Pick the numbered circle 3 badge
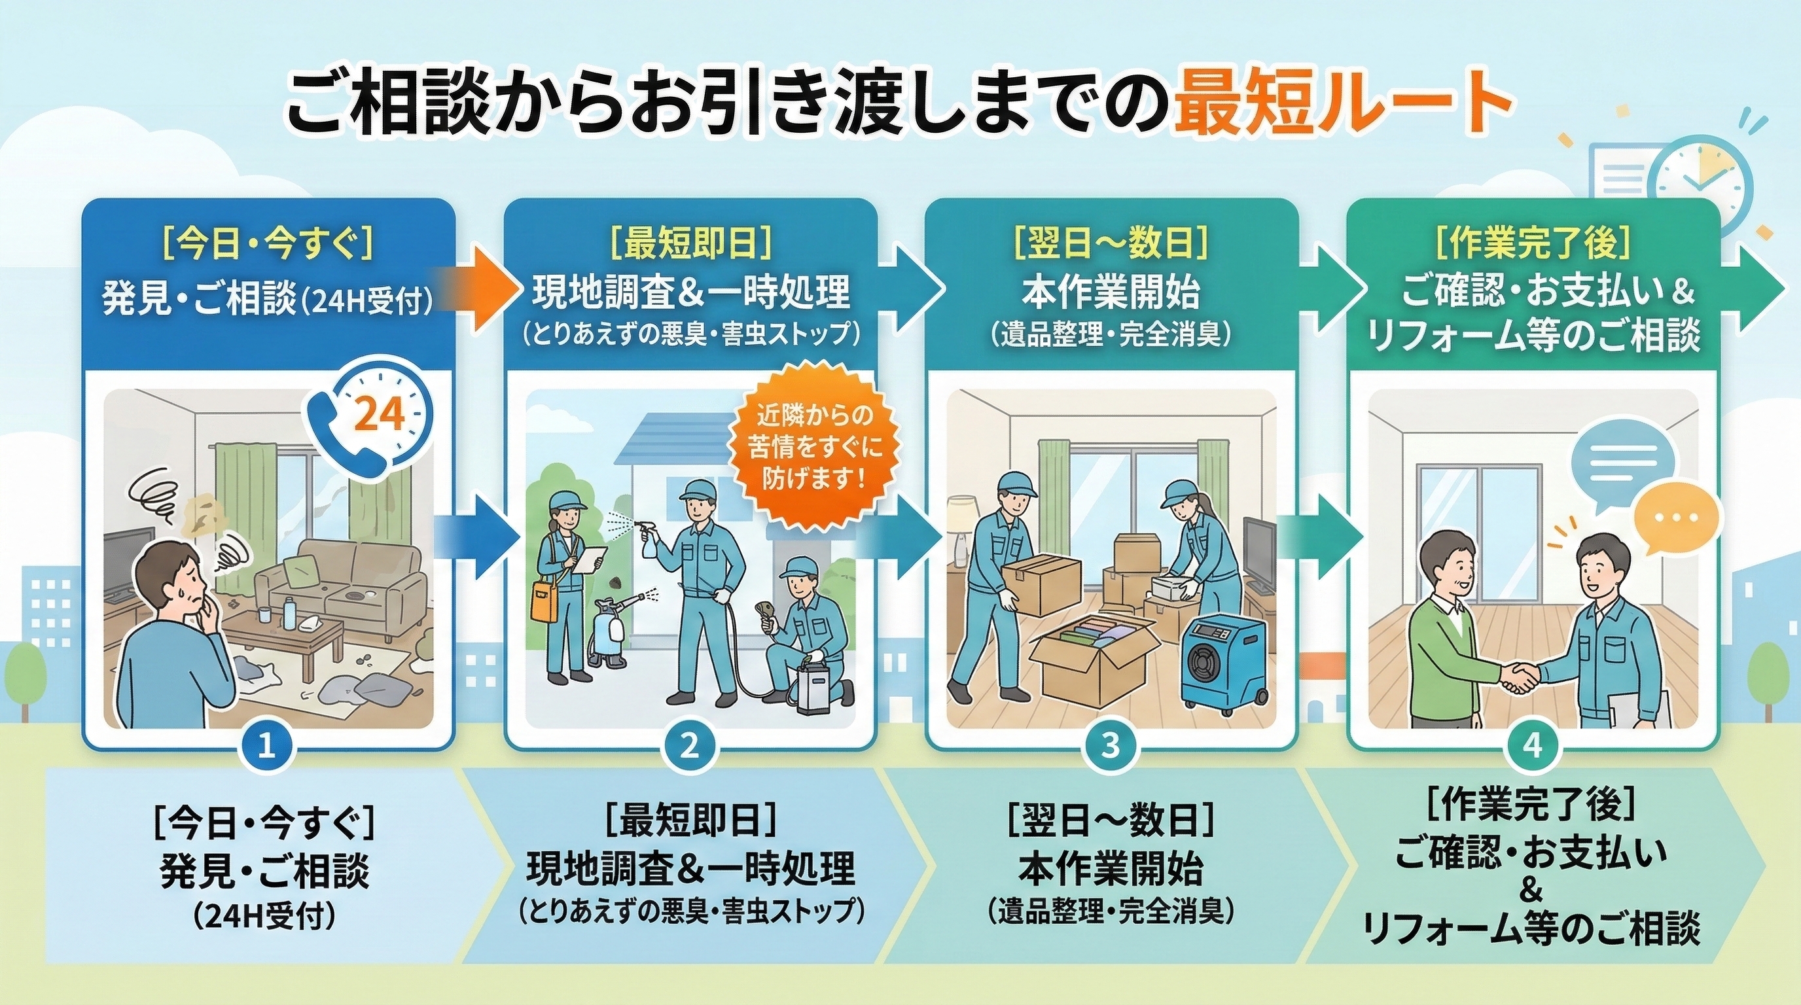[1110, 747]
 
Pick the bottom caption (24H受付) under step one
[265, 917]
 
